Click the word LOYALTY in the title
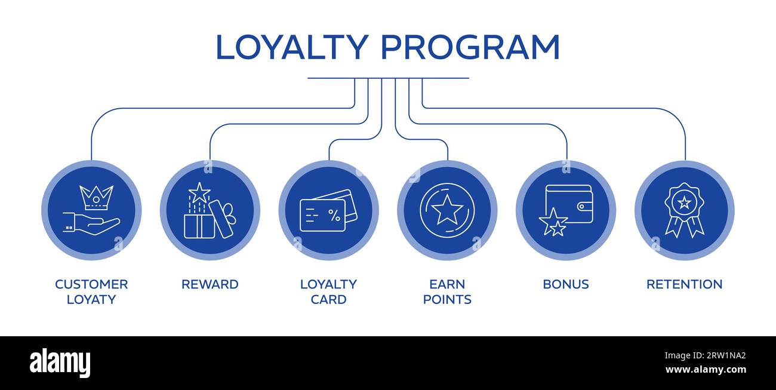291,48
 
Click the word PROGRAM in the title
470,48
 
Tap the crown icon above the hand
96,198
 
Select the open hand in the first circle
93,224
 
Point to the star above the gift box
199,192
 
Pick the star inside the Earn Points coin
446,210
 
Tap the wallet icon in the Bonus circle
569,204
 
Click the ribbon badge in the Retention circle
684,210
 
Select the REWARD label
210,284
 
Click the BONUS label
565,284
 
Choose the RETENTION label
684,284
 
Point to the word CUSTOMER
91,284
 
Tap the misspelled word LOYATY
91,299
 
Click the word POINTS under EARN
447,299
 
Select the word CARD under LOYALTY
328,299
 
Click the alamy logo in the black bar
60,363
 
